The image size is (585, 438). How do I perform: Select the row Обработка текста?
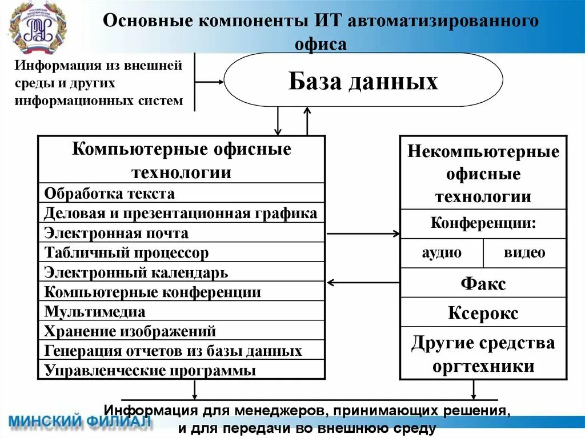(181, 193)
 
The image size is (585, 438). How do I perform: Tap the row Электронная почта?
(181, 232)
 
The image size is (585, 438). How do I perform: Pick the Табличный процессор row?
(181, 252)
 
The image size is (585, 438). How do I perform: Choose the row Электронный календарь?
(181, 272)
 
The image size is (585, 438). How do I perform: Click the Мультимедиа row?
(181, 312)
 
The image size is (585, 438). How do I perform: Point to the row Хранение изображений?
(181, 331)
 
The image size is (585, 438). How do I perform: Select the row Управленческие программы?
(181, 370)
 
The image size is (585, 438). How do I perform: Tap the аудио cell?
(442, 252)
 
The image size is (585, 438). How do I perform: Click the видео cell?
(524, 252)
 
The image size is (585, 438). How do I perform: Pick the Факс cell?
(483, 283)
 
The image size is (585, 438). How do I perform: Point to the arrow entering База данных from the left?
(210, 82)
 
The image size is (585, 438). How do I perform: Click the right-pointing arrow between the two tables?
(363, 233)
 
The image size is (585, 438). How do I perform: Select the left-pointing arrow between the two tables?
(363, 282)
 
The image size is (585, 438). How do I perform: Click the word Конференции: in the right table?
(483, 223)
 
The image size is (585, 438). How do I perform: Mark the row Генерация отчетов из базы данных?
(181, 351)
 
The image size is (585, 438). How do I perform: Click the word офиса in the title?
(320, 43)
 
